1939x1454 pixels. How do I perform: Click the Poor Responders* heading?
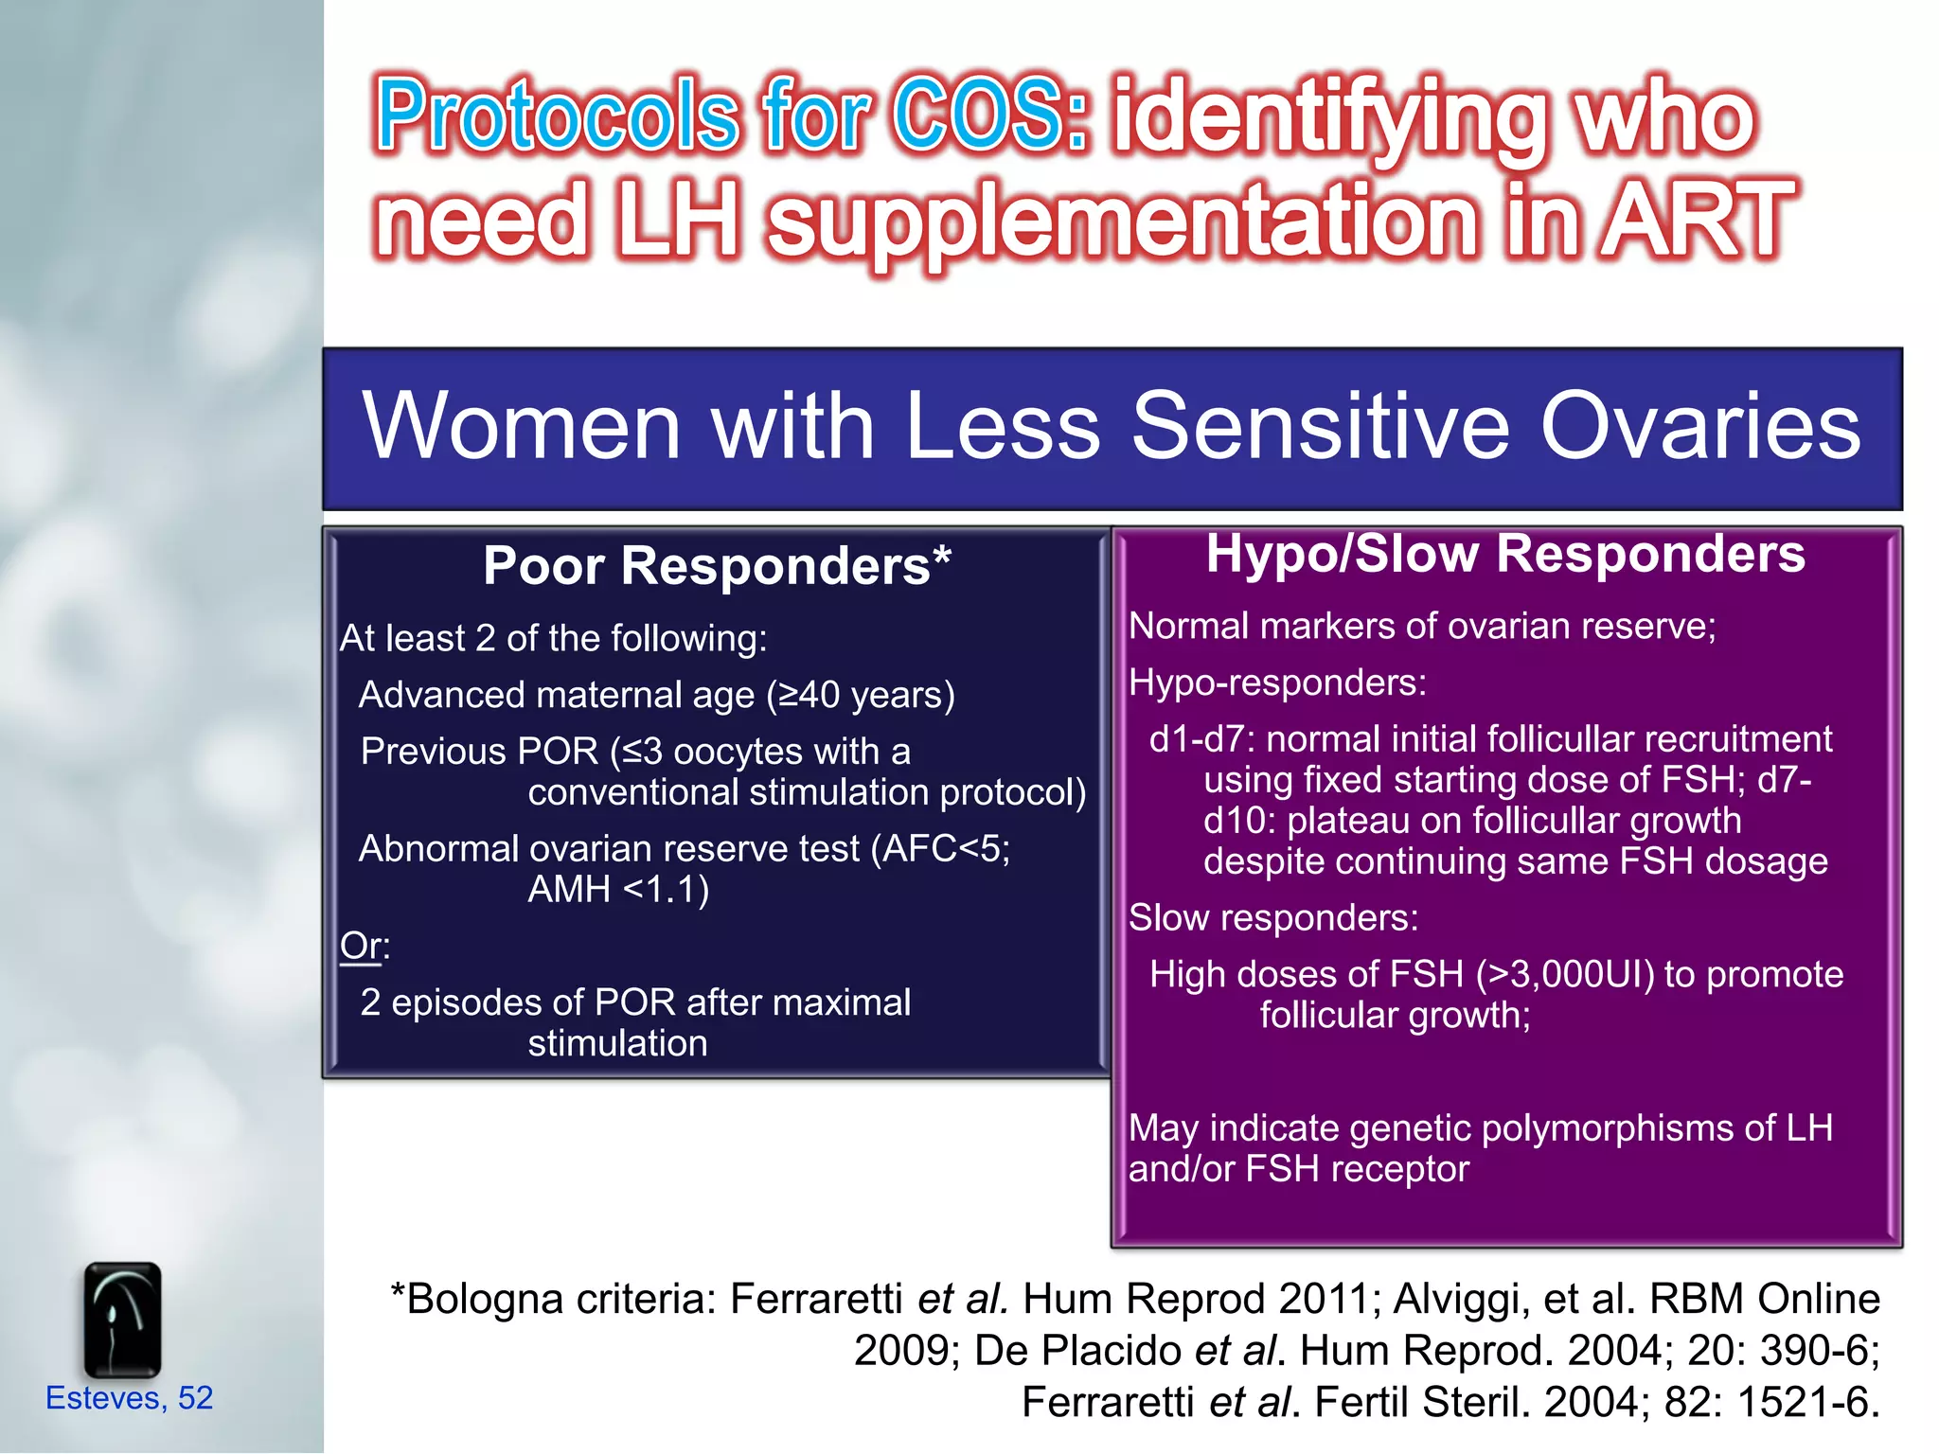tap(717, 566)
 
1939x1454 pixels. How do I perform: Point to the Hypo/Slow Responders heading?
tap(1505, 554)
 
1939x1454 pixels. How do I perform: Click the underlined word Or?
tap(365, 946)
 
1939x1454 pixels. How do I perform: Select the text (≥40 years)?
tap(861, 696)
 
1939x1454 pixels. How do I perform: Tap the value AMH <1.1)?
tap(618, 890)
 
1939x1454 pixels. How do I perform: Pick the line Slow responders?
tap(1273, 918)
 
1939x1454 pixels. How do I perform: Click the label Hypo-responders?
tap(1277, 683)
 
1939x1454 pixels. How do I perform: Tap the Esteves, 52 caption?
tap(130, 1398)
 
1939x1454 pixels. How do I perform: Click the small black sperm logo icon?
tap(122, 1320)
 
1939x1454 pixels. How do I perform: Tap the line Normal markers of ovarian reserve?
tap(1422, 627)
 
